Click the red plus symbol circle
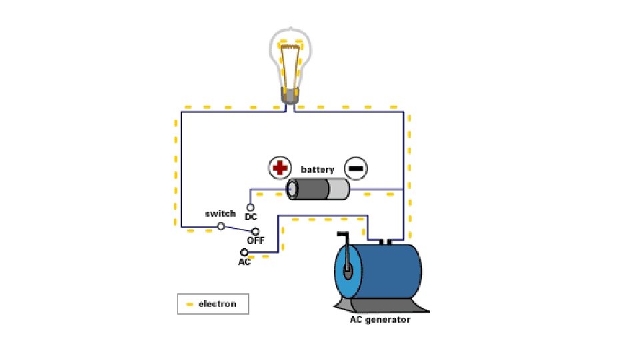point(280,168)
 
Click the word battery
point(317,169)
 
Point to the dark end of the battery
point(308,190)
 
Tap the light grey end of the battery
point(339,190)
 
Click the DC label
point(251,217)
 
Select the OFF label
point(256,239)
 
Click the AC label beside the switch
point(245,262)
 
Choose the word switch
point(220,213)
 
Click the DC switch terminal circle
point(251,207)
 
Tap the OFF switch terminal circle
point(255,230)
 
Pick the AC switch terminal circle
point(244,252)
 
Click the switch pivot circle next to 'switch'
point(221,226)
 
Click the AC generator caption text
point(380,319)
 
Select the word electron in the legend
point(217,304)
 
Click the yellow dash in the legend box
point(189,304)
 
